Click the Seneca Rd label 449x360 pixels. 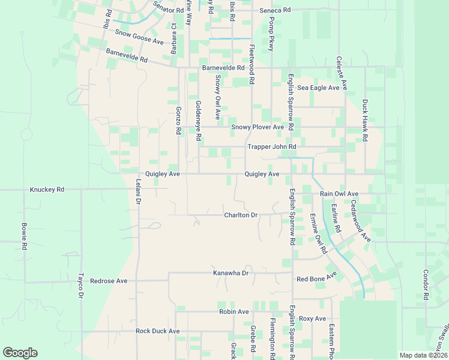(x=275, y=11)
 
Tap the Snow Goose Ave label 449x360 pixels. (x=139, y=38)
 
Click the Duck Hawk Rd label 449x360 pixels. (x=365, y=121)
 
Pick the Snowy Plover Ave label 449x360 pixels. (x=258, y=127)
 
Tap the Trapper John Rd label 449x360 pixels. (x=272, y=146)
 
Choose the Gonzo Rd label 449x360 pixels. (x=178, y=120)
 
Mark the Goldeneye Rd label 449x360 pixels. (x=198, y=120)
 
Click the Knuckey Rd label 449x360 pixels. (x=47, y=190)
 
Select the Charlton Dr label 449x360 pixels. (x=241, y=215)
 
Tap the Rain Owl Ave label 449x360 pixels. (x=339, y=194)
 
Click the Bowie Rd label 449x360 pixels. (x=25, y=237)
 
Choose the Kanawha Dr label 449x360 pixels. (x=231, y=273)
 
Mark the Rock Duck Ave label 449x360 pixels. (x=158, y=331)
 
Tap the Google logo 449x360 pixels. (x=20, y=353)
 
